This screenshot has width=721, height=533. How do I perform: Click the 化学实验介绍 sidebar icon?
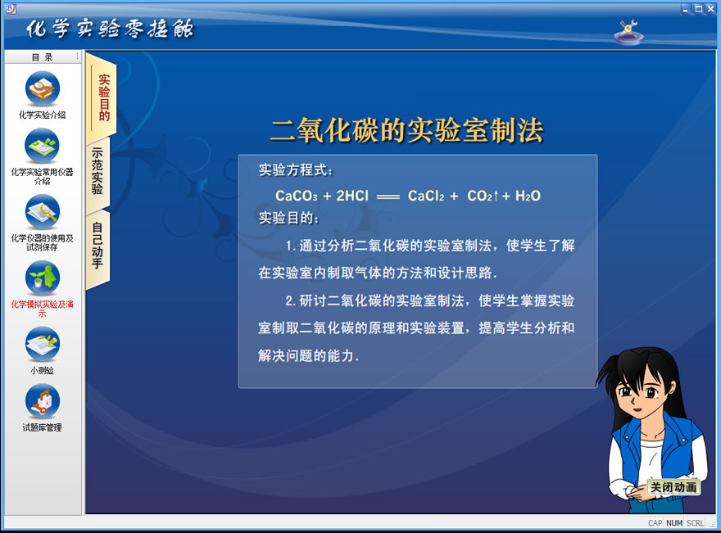pyautogui.click(x=43, y=88)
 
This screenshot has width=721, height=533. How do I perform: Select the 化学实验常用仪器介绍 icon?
pyautogui.click(x=43, y=146)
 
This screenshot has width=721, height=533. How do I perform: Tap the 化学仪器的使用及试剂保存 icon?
pyautogui.click(x=43, y=212)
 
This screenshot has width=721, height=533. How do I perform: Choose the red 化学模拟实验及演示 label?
pyautogui.click(x=43, y=309)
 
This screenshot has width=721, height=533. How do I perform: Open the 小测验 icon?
pyautogui.click(x=43, y=344)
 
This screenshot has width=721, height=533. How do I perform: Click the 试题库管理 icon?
pyautogui.click(x=43, y=401)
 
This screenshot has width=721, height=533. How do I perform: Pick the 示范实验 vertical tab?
pyautogui.click(x=97, y=171)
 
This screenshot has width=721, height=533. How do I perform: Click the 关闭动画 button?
pyautogui.click(x=673, y=487)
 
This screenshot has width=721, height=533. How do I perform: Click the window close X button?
pyautogui.click(x=711, y=9)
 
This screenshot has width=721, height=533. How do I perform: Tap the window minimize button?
pyautogui.click(x=686, y=9)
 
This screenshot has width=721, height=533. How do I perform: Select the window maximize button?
pyautogui.click(x=698, y=9)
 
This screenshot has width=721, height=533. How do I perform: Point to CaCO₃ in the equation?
pyautogui.click(x=297, y=196)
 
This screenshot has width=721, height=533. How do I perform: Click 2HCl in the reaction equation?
pyautogui.click(x=352, y=196)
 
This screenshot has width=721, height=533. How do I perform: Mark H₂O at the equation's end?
pyautogui.click(x=528, y=196)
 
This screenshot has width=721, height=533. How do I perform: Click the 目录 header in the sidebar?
pyautogui.click(x=43, y=57)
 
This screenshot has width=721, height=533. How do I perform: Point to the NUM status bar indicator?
pyautogui.click(x=674, y=523)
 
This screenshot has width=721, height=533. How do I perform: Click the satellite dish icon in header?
pyautogui.click(x=629, y=32)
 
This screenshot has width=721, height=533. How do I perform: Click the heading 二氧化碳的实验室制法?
pyautogui.click(x=407, y=130)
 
